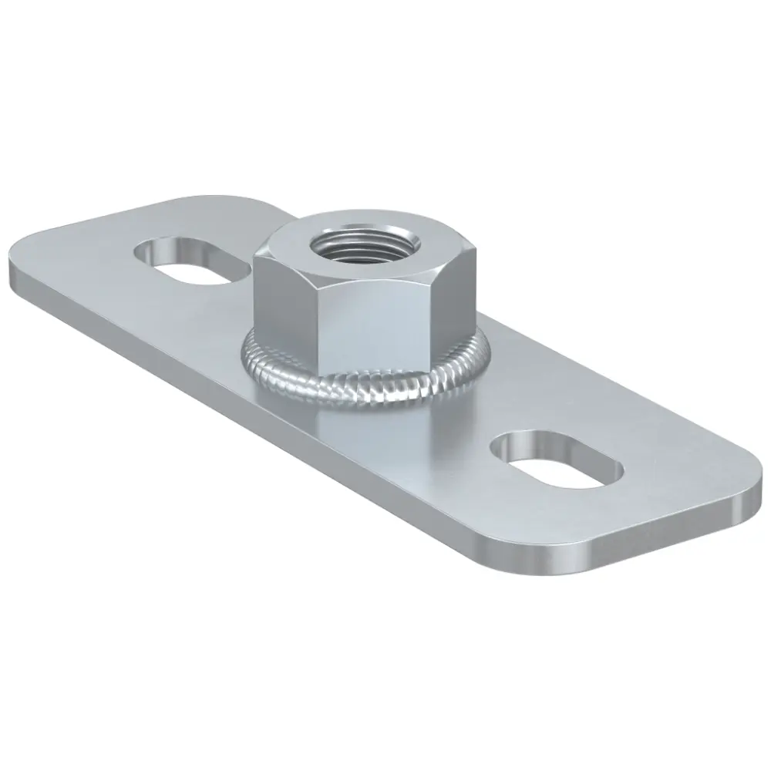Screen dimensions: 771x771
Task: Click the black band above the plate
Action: (x=385, y=93)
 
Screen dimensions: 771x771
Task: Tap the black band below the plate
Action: (x=385, y=678)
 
